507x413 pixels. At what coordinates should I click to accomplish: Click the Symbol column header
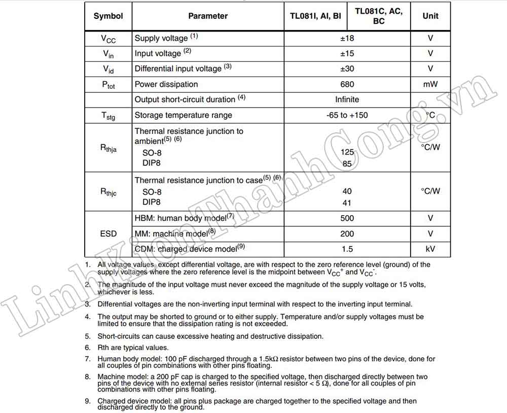coord(108,16)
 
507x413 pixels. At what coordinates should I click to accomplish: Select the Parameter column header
coord(208,16)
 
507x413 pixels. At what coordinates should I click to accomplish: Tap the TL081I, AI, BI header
coord(315,16)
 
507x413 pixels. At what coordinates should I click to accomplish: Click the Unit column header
coord(430,16)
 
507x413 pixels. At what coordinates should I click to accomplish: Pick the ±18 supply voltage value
coord(347,38)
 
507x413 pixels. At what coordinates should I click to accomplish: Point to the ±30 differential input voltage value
coord(347,68)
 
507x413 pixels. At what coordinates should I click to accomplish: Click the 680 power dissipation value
coord(347,84)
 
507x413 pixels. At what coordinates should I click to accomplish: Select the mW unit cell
coord(430,84)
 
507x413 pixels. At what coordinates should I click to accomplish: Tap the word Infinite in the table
coord(347,99)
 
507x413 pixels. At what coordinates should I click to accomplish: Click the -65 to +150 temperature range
coord(347,115)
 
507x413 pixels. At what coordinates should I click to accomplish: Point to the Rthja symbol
coord(108,148)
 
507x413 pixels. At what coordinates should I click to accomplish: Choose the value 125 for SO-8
coord(347,152)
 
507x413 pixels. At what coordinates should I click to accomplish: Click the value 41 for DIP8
coord(347,203)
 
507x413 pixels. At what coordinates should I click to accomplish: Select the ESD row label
coord(108,234)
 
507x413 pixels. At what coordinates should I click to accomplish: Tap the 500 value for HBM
coord(347,219)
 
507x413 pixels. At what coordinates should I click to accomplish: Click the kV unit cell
coord(430,249)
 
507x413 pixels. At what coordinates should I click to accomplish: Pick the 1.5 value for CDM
coord(347,249)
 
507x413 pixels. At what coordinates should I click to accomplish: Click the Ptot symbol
coord(108,85)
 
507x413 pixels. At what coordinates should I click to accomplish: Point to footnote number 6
coord(88,348)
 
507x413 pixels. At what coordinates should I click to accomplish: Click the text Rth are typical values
coord(133,348)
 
